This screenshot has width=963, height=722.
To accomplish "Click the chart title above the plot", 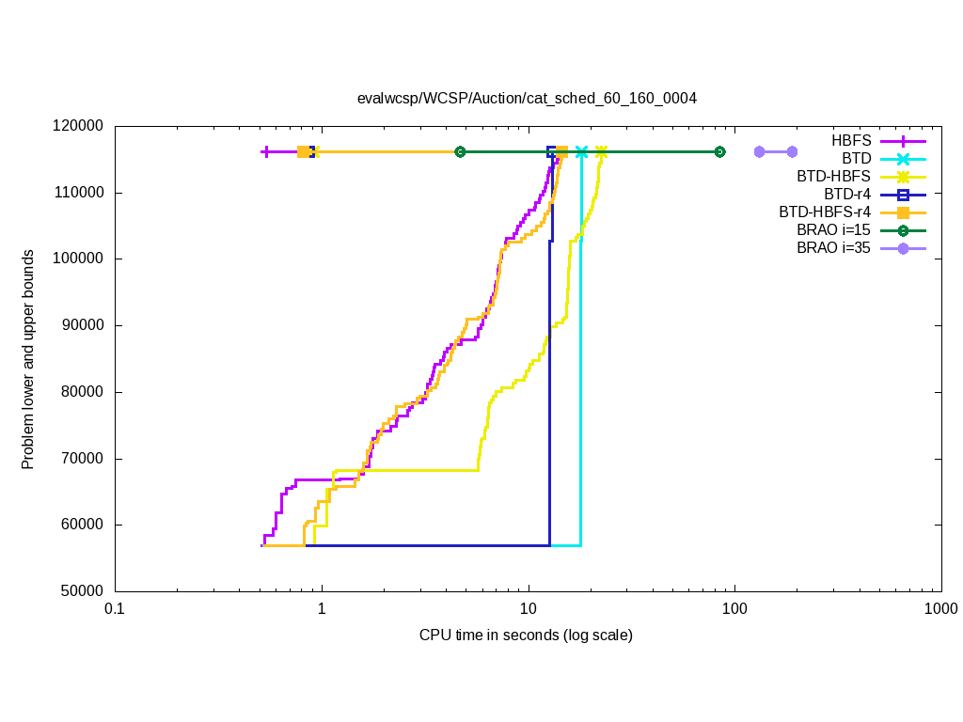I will [x=527, y=98].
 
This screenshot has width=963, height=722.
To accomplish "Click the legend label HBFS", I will [x=851, y=140].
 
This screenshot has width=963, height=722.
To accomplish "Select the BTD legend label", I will [x=857, y=158].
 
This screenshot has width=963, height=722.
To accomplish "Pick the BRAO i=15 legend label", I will [x=833, y=230].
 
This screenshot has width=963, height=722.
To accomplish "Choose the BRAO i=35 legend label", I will [x=833, y=248].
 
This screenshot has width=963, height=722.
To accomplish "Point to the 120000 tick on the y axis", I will [x=80, y=126].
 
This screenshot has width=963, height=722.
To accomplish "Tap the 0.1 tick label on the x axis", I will [x=115, y=608].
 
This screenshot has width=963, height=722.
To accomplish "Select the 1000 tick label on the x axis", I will [x=940, y=608].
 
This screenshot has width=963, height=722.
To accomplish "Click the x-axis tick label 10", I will [x=528, y=608].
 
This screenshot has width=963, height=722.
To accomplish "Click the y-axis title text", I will [x=29, y=359].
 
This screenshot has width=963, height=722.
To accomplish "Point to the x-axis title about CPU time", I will [x=526, y=636].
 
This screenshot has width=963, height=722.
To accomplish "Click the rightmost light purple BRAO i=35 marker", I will [x=792, y=151].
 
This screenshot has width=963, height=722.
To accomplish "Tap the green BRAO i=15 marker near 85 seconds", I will [x=719, y=151].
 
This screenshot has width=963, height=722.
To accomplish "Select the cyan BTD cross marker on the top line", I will [x=581, y=151].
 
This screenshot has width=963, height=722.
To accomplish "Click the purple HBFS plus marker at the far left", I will [x=266, y=151].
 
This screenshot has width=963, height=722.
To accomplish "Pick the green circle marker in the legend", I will [x=903, y=230].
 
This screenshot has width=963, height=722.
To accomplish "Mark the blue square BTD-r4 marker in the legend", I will [x=903, y=195].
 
